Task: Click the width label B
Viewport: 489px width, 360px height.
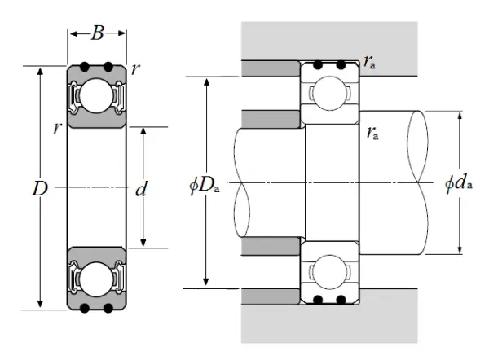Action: click(97, 33)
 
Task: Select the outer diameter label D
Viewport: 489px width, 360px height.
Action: click(38, 189)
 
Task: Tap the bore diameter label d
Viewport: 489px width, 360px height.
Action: click(140, 190)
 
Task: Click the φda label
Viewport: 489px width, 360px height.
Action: click(459, 186)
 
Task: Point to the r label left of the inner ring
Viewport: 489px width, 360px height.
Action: click(56, 127)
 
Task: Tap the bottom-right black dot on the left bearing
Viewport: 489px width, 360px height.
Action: click(108, 307)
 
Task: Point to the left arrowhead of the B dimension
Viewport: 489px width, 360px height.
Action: click(72, 33)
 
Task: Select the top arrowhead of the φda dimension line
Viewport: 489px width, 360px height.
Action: click(460, 114)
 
